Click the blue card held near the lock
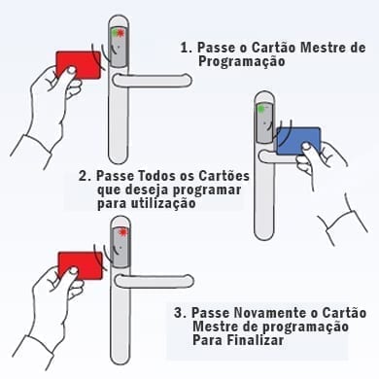pos(298,141)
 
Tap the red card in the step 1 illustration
pos(78,65)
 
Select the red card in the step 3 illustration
pos(80,265)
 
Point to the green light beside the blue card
pos(260,109)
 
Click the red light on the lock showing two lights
pos(121,33)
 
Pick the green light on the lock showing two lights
pos(114,33)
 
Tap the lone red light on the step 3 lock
pos(122,232)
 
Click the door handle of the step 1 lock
pos(152,81)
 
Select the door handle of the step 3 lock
pos(155,281)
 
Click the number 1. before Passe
pos(187,48)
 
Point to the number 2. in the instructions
pos(86,176)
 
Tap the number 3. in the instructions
pos(180,313)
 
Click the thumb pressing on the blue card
pos(305,149)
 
